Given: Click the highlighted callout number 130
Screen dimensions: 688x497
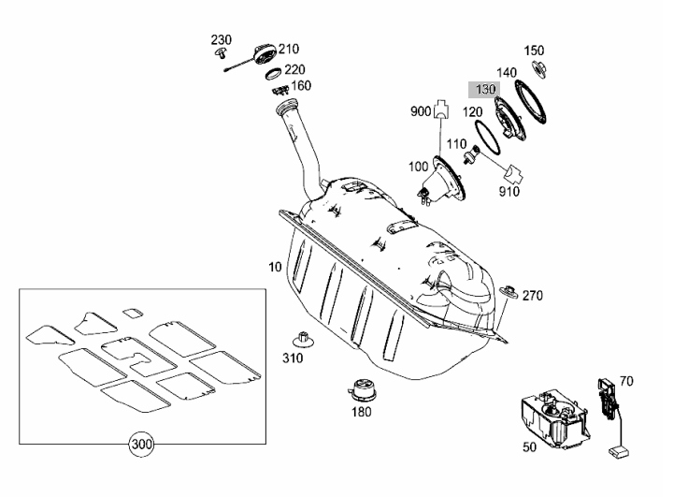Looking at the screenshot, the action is (x=485, y=89).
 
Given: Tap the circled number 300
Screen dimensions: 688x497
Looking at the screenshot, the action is (x=141, y=445).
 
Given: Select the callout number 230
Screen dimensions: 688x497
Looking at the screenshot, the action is (x=222, y=40).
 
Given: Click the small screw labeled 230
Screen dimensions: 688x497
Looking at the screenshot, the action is (x=221, y=54).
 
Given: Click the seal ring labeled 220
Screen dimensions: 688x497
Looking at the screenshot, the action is (x=273, y=74).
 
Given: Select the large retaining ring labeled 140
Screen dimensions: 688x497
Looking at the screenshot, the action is (x=531, y=102).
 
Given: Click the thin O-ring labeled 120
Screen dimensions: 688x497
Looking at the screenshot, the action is (x=486, y=138).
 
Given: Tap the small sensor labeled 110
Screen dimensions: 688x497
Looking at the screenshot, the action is (x=471, y=154).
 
